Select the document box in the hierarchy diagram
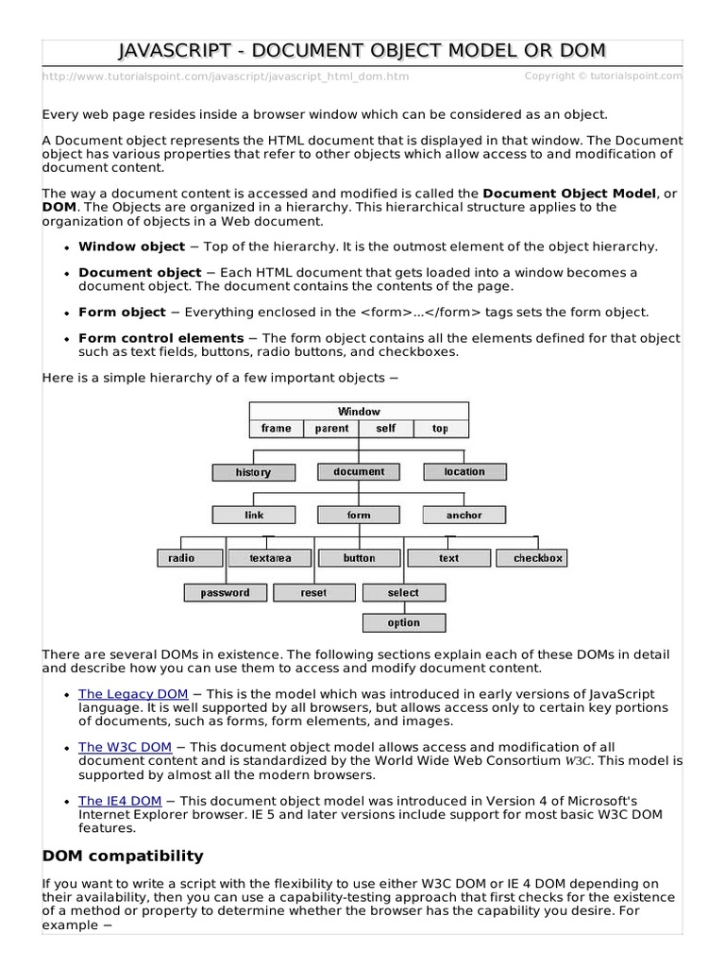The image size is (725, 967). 359,471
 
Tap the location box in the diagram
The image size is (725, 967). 464,471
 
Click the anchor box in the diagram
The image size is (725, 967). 464,516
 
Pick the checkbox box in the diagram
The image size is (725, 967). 538,558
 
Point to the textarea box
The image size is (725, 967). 270,558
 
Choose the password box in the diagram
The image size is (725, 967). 225,593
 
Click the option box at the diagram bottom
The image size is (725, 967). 404,623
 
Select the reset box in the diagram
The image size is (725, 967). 313,593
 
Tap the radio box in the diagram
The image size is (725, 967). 181,558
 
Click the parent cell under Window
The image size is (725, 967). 331,428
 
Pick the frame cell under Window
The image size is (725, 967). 276,428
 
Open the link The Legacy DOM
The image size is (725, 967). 133,694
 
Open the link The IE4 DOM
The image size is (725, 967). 120,801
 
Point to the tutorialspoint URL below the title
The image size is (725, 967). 226,76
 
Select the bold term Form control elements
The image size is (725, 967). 161,338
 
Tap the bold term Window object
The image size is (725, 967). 132,246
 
